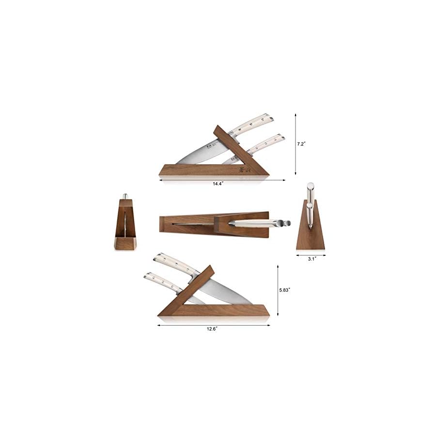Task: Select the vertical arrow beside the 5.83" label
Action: coord(278,290)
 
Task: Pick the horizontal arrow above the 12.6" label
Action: coord(214,325)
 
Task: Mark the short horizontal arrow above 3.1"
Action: coord(311,254)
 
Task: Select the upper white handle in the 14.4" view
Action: coord(252,123)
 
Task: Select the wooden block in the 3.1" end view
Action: coord(311,233)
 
